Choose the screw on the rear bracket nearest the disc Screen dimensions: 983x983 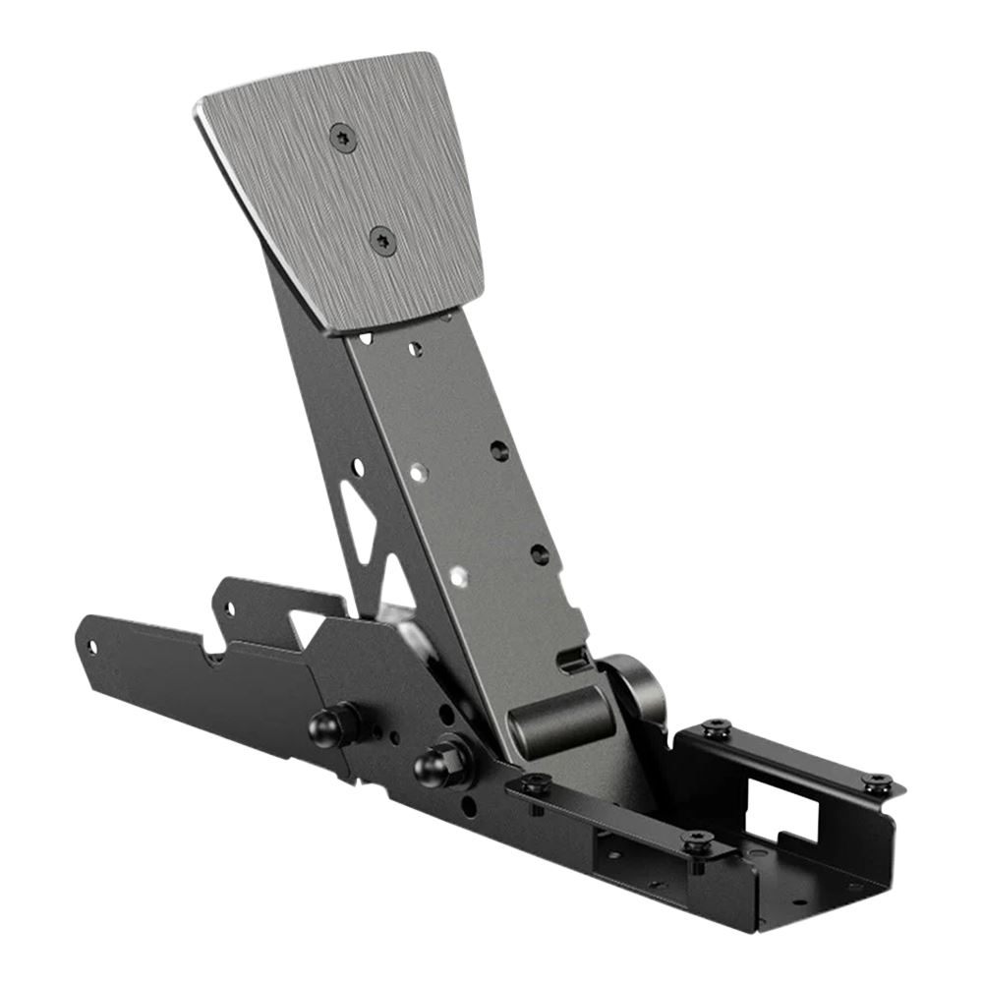[x=717, y=728]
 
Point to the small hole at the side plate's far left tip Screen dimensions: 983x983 [x=92, y=646]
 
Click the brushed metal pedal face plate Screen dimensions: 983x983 [x=339, y=187]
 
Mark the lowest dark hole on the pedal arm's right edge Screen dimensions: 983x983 [x=539, y=554]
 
